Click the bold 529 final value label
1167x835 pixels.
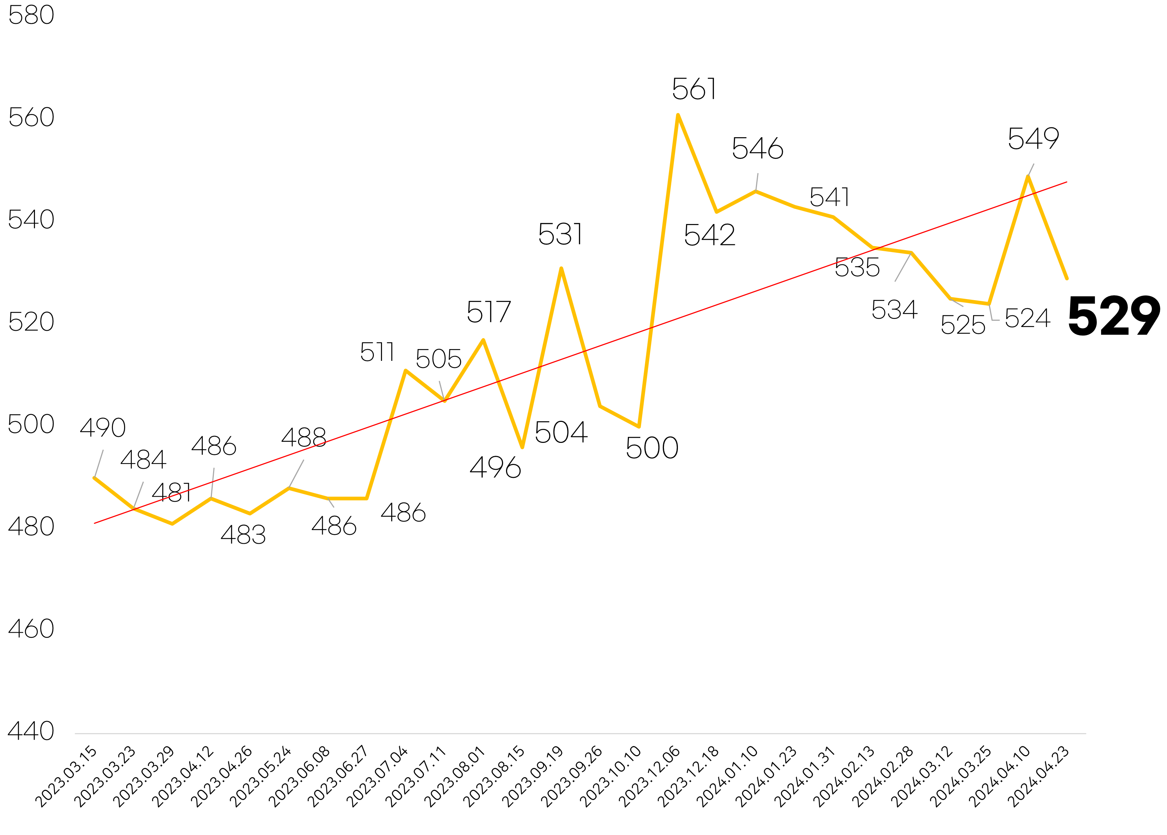click(1114, 316)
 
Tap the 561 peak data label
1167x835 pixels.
click(694, 89)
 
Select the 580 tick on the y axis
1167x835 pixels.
click(31, 15)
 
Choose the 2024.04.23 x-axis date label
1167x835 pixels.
click(1039, 777)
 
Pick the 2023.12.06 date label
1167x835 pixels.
click(650, 777)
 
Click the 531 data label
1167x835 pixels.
click(560, 234)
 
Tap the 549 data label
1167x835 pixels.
click(1033, 139)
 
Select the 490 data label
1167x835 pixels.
click(103, 427)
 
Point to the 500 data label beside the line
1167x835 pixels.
click(652, 448)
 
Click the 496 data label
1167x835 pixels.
click(495, 468)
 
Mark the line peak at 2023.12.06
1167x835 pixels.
click(678, 115)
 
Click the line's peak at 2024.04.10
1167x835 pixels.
click(1028, 176)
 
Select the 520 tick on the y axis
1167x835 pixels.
click(31, 322)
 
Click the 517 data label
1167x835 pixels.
click(489, 312)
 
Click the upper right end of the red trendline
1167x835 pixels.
click(1067, 182)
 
